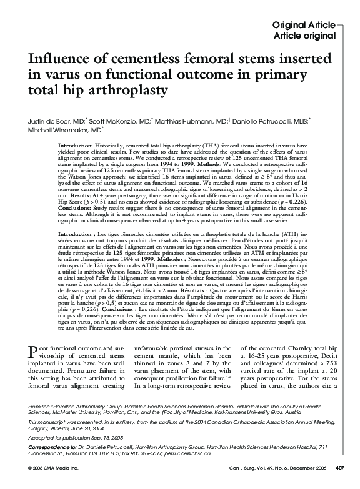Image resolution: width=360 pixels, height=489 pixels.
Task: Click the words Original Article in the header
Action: (x=304, y=25)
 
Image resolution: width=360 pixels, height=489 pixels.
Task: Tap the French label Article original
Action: (x=305, y=35)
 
